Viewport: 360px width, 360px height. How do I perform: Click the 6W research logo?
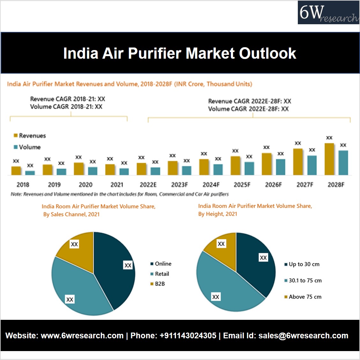(328, 13)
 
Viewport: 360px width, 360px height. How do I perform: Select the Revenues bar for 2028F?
(329, 159)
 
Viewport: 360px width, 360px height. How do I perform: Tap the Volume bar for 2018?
(30, 173)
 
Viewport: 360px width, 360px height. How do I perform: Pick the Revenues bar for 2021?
(110, 170)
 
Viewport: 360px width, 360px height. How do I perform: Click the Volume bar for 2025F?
(249, 168)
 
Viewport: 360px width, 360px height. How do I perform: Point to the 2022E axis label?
(148, 185)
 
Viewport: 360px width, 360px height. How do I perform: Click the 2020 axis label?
(85, 185)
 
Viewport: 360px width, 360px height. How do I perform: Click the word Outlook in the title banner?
(268, 53)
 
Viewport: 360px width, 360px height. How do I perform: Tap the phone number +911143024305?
(188, 336)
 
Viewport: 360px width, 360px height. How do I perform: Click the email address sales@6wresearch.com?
(303, 336)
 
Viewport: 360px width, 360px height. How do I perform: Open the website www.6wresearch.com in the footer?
(82, 336)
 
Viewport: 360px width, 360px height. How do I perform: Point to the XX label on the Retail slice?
(70, 299)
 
